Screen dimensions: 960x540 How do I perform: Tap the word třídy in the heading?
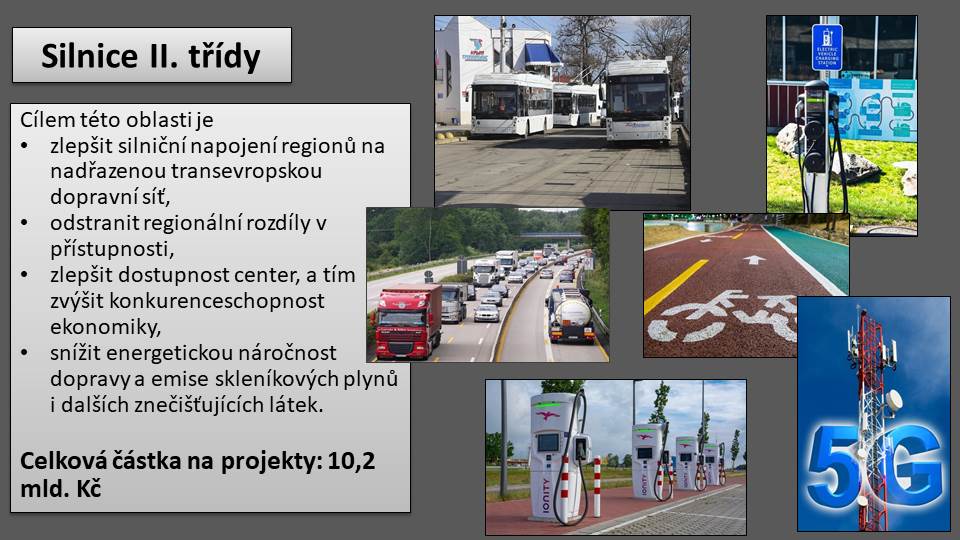(x=225, y=57)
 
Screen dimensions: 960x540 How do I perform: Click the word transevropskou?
(x=247, y=171)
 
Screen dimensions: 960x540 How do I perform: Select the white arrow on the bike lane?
(x=754, y=260)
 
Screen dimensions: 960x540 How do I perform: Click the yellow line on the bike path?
(x=675, y=286)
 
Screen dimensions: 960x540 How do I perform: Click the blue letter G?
(x=912, y=465)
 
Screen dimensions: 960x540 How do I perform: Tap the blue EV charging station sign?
(x=827, y=48)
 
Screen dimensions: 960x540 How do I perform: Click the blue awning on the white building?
(x=542, y=54)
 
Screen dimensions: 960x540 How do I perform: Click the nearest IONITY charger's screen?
(x=548, y=441)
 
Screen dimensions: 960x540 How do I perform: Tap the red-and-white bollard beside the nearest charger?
(x=597, y=487)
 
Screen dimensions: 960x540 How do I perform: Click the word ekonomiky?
(x=105, y=327)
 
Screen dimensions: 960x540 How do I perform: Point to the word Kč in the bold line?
(x=89, y=489)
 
